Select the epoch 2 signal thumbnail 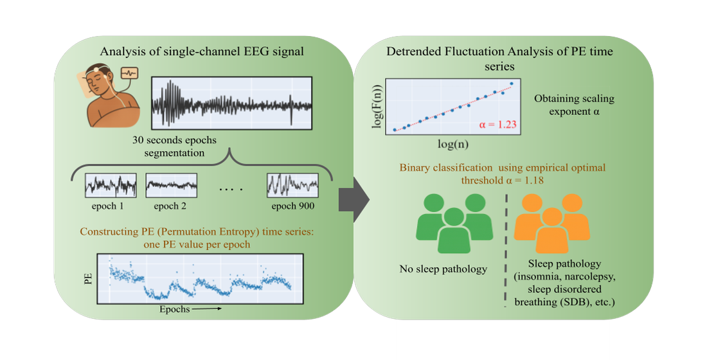click(x=170, y=184)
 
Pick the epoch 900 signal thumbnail click(x=292, y=184)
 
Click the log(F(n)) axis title click(x=378, y=105)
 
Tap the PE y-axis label click(x=88, y=278)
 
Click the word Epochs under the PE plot click(x=174, y=309)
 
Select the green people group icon click(x=452, y=224)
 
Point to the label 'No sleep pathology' click(x=443, y=269)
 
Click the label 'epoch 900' click(x=292, y=206)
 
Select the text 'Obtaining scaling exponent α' click(x=574, y=105)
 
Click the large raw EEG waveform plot click(x=231, y=104)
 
